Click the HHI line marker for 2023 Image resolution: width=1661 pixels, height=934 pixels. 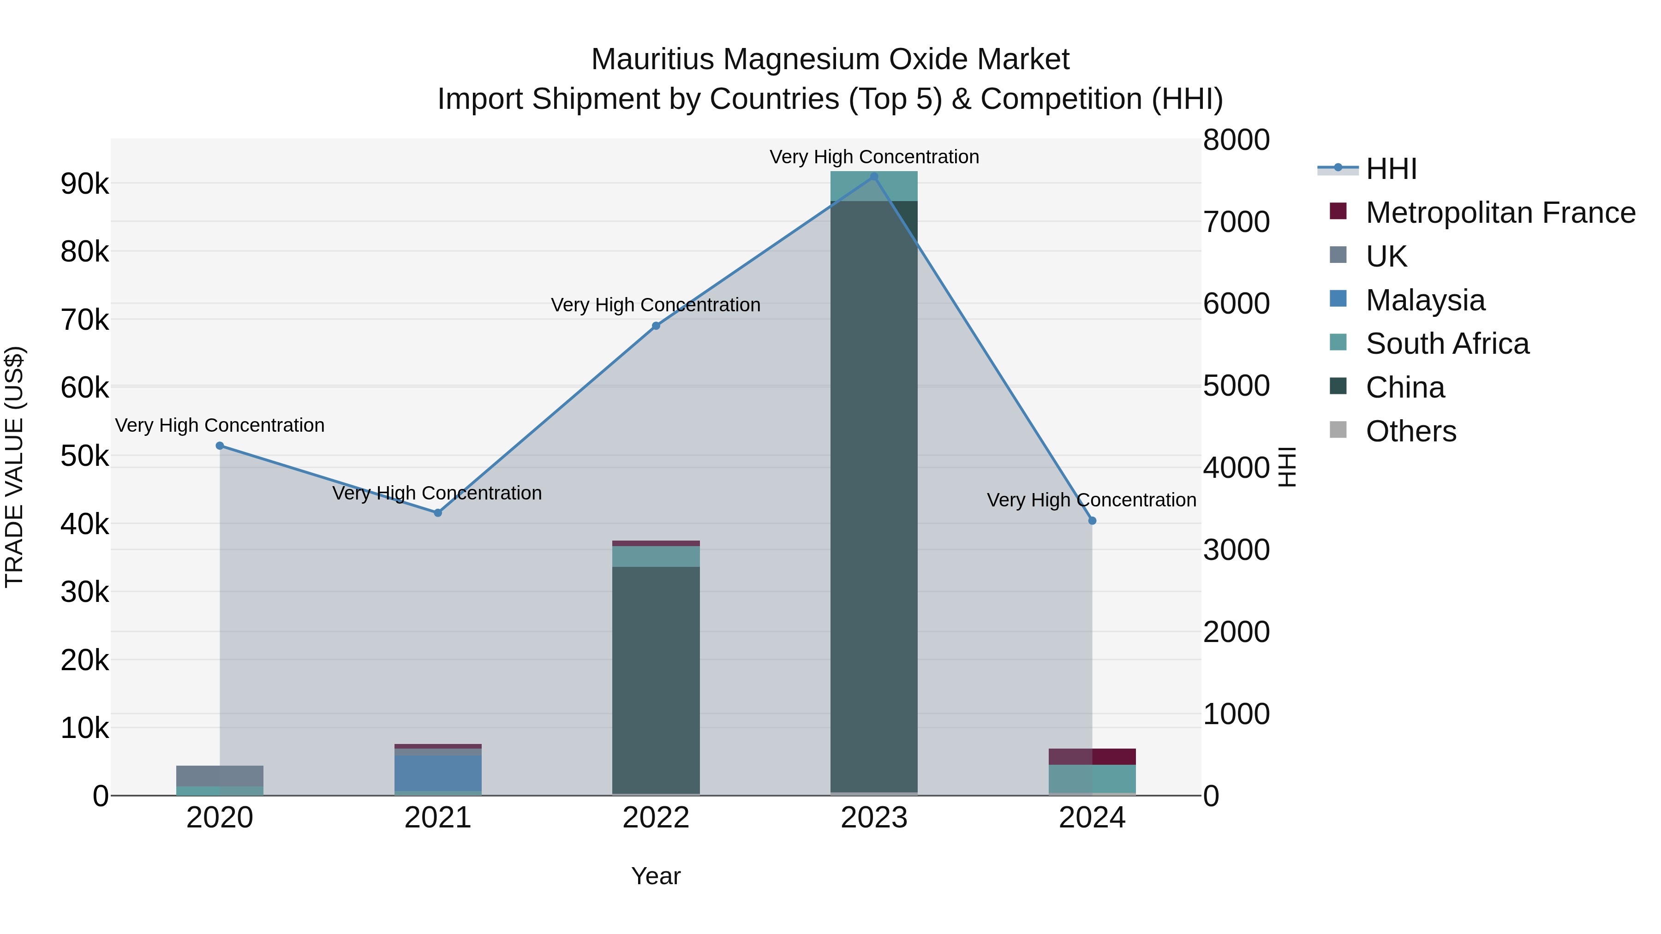874,177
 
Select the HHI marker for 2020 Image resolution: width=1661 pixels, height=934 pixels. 220,446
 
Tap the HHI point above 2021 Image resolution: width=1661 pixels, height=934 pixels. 438,513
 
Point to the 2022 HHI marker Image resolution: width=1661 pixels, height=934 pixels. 656,326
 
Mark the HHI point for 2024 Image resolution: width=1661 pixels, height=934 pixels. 1092,521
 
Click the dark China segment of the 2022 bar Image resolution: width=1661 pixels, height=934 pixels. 656,677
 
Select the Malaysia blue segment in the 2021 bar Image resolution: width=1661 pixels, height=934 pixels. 438,773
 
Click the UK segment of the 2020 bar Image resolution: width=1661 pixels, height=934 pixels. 220,776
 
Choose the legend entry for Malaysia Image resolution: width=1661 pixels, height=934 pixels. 1425,300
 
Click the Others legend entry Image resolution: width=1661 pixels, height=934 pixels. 1411,431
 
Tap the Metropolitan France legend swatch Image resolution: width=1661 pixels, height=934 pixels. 1338,211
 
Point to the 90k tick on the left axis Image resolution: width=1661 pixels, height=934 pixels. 84,184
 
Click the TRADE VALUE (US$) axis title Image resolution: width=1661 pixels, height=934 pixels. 14,467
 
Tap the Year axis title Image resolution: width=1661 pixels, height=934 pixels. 656,876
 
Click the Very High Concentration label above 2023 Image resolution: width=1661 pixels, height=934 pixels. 874,157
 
